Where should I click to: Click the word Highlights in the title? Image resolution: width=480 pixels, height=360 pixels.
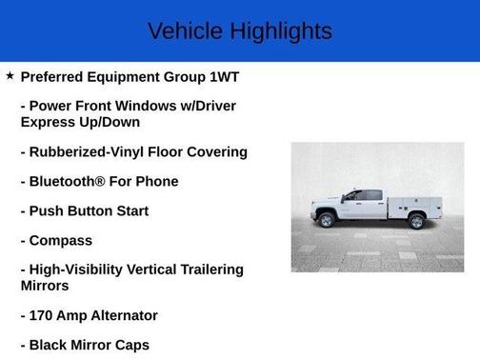[283, 31]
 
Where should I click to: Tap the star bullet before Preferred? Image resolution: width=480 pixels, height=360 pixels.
[10, 75]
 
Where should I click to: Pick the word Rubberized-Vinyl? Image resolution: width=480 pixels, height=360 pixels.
[90, 151]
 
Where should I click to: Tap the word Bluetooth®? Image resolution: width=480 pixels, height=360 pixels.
[73, 181]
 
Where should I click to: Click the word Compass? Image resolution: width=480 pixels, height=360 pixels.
[61, 240]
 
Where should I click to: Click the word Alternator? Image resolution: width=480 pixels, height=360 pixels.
[118, 315]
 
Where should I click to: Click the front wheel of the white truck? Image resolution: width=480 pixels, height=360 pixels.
[327, 221]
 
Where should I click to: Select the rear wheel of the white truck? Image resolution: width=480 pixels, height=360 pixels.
[416, 222]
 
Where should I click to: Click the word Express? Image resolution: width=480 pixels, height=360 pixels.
[50, 122]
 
